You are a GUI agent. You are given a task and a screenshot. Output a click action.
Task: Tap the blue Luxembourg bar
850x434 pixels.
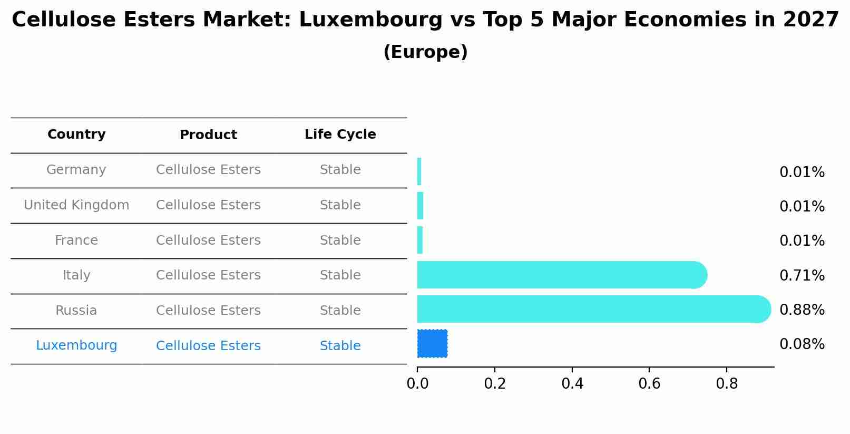pyautogui.click(x=432, y=344)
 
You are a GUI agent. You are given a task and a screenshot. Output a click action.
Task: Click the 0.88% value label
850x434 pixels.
pyautogui.click(x=802, y=310)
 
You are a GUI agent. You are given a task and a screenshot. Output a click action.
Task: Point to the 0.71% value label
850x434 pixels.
pyautogui.click(x=802, y=275)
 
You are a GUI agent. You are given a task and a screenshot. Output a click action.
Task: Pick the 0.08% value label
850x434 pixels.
pyautogui.click(x=802, y=344)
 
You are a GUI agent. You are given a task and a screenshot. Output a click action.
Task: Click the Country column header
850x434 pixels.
pyautogui.click(x=76, y=134)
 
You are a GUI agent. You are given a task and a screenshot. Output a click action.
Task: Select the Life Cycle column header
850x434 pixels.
pyautogui.click(x=340, y=134)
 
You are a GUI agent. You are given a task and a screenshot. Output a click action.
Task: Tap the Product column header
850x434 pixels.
pyautogui.click(x=208, y=135)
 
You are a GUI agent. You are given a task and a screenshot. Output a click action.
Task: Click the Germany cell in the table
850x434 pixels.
pyautogui.click(x=76, y=170)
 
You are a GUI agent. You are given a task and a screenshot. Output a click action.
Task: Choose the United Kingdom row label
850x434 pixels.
pyautogui.click(x=76, y=205)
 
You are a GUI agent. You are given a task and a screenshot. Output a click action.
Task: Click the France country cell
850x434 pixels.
pyautogui.click(x=76, y=240)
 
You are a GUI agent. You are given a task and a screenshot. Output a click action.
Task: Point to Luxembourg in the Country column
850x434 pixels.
pyautogui.click(x=76, y=345)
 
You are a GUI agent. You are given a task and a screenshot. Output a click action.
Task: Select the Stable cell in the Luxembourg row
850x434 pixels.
pyautogui.click(x=340, y=346)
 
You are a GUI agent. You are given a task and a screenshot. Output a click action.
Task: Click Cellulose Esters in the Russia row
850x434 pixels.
pyautogui.click(x=208, y=311)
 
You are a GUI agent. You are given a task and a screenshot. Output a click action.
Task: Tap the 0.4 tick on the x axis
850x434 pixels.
pyautogui.click(x=572, y=384)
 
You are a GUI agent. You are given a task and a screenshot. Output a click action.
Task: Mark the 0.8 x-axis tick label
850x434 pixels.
pyautogui.click(x=727, y=384)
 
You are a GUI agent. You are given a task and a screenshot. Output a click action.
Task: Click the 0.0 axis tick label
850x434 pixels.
pyautogui.click(x=417, y=384)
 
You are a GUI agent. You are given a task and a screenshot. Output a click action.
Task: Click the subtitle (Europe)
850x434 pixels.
pyautogui.click(x=425, y=52)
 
